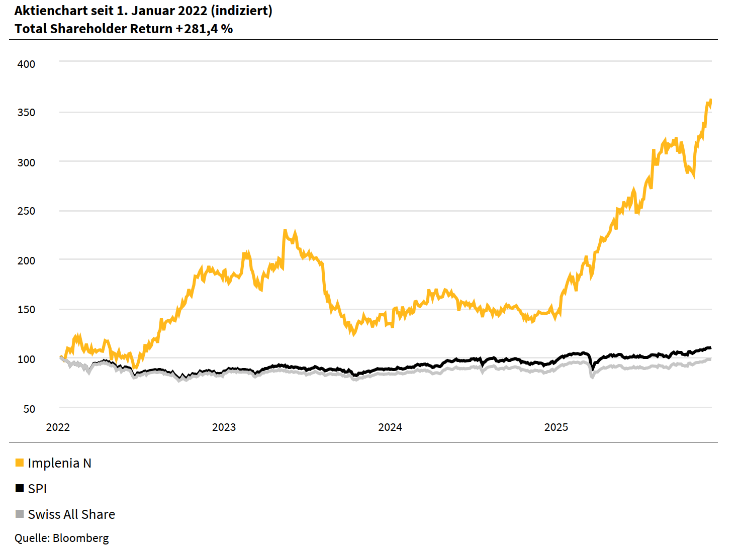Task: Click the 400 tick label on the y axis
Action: coord(26,64)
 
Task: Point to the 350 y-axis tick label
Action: coord(26,112)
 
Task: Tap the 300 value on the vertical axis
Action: coord(26,162)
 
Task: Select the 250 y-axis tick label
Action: coord(26,211)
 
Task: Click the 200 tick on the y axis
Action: coord(26,260)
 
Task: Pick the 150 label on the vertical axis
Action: coord(26,309)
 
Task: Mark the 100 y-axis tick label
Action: coord(26,359)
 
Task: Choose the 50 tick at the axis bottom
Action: coord(29,409)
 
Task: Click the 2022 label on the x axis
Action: coord(58,427)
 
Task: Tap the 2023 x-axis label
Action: coord(224,427)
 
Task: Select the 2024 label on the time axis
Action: coord(390,427)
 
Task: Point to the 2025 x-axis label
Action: coord(556,427)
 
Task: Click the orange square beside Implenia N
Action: coord(20,463)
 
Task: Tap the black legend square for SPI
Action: coord(20,488)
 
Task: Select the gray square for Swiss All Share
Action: coord(20,514)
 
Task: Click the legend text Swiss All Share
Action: coord(71,514)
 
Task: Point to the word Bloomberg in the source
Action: coord(80,538)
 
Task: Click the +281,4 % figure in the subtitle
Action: coord(204,29)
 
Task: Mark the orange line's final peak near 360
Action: coord(710,101)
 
